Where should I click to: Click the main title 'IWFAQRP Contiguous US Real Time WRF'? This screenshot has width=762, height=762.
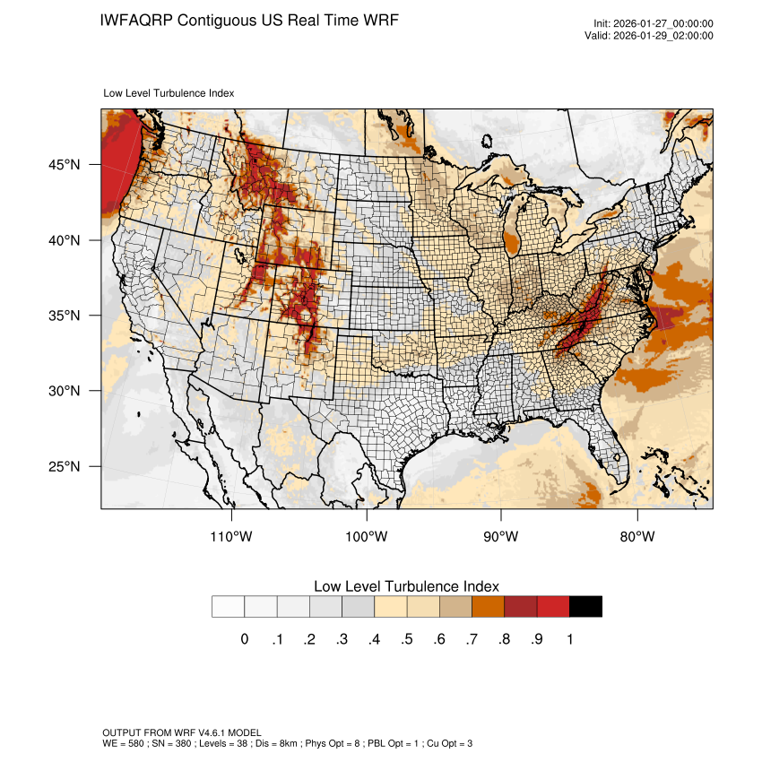point(249,20)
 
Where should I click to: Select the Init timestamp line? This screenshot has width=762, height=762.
point(654,24)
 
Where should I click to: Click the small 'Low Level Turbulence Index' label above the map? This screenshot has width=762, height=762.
point(169,93)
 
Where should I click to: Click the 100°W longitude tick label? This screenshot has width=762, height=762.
point(367,537)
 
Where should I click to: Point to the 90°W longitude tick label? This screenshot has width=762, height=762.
point(501,537)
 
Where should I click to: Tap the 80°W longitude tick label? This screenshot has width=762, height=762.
point(636,537)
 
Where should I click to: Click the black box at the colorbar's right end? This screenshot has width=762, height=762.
point(585,607)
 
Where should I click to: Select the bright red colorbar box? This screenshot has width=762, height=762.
point(553,607)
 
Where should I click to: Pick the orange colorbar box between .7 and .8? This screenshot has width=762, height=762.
point(488,607)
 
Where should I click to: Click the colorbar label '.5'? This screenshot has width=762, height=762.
point(406,639)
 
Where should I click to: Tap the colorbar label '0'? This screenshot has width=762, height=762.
point(244,639)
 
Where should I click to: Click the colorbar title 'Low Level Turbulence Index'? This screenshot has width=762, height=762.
point(406,586)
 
